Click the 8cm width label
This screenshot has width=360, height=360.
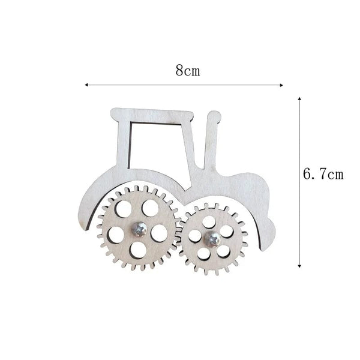tap(187, 70)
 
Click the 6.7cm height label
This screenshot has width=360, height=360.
tap(323, 175)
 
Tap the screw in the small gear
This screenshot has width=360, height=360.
tap(213, 238)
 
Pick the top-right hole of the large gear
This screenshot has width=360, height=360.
tap(150, 208)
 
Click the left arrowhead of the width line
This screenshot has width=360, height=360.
tap(88, 85)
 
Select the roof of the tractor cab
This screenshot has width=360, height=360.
tap(153, 113)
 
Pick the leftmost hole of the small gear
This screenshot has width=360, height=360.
tap(194, 236)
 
